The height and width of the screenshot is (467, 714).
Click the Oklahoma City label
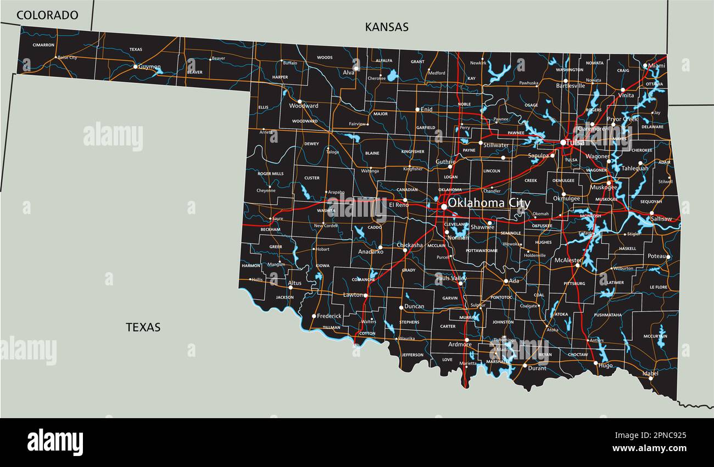489,203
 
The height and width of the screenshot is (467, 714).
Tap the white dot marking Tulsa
563,143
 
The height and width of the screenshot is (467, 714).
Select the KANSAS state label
387,27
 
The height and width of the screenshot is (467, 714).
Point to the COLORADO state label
47,15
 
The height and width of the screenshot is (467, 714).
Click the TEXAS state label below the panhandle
143,327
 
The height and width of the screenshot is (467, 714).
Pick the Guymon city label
149,66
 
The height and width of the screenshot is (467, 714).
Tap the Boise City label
67,57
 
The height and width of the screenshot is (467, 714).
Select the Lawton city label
353,295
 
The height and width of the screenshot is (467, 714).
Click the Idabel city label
650,373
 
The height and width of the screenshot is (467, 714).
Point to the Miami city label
656,65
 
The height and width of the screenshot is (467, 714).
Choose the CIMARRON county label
43,44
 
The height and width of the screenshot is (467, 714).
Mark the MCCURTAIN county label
655,336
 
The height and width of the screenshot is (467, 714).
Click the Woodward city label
304,106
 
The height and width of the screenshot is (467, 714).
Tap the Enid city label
427,109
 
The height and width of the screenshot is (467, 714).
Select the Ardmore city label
460,344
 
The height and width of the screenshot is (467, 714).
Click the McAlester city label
568,260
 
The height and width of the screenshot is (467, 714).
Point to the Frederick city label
329,316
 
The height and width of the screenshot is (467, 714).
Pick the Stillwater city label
496,145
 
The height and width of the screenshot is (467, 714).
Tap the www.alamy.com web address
649,448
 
